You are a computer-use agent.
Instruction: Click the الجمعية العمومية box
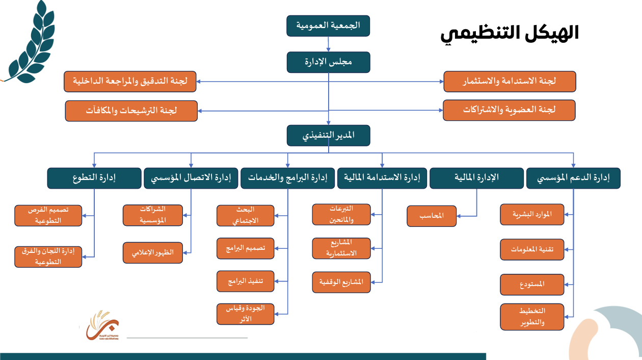(x=328, y=25)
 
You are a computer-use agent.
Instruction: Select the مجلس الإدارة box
(x=328, y=62)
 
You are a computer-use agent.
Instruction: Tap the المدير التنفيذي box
(x=328, y=136)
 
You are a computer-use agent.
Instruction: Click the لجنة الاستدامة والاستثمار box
(x=510, y=82)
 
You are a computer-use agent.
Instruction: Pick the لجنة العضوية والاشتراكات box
(x=509, y=110)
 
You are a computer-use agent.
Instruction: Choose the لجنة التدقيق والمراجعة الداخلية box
(x=130, y=82)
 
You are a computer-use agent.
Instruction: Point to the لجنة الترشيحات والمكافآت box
(x=131, y=111)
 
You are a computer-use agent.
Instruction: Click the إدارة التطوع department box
(x=94, y=178)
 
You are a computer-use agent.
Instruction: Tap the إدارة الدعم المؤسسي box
(x=573, y=178)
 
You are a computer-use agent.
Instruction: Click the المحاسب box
(x=432, y=216)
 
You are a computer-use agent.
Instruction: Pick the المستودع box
(x=532, y=285)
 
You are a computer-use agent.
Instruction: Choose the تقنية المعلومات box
(x=532, y=249)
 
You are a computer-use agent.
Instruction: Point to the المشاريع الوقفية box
(x=341, y=282)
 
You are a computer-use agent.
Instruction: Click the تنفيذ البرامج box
(x=246, y=281)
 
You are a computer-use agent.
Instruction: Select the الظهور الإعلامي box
(x=153, y=252)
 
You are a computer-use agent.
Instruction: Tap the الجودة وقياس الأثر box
(x=246, y=314)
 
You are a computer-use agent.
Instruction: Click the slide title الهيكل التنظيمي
(x=510, y=34)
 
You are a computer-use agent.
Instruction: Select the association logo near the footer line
(x=102, y=325)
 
